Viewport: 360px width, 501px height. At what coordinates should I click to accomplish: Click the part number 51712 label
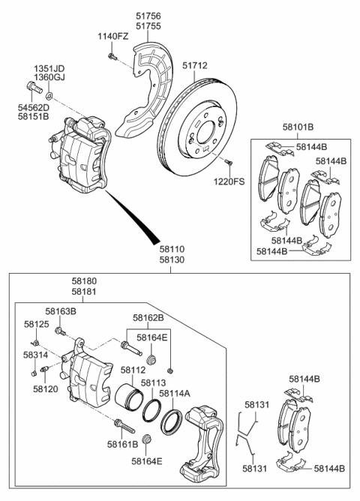coord(193,66)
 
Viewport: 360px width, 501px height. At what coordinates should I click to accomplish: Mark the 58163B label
coord(61,310)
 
